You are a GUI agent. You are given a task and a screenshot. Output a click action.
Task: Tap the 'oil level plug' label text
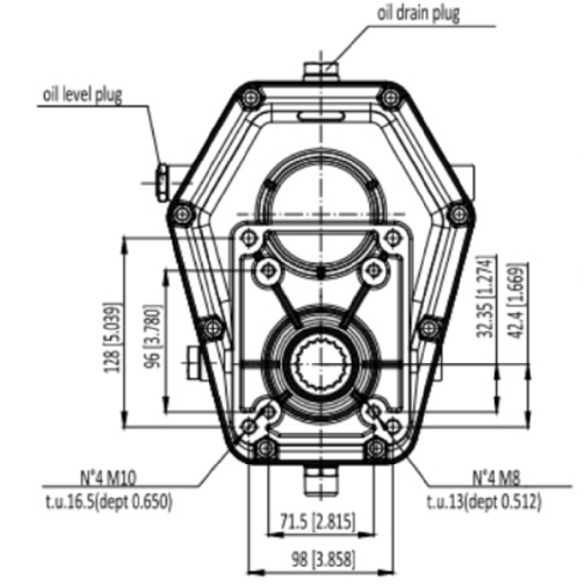(x=83, y=94)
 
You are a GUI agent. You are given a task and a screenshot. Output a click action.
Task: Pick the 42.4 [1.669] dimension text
(x=518, y=300)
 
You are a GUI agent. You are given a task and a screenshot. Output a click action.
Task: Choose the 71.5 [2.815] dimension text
(x=316, y=521)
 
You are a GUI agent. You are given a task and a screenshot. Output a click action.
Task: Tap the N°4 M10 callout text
(x=109, y=478)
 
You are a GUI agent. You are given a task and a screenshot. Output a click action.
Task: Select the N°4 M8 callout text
(x=496, y=478)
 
